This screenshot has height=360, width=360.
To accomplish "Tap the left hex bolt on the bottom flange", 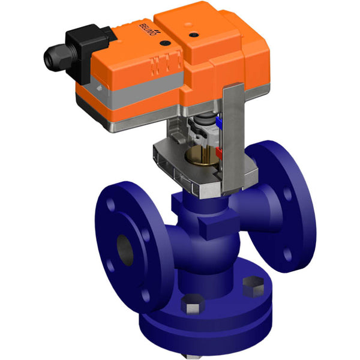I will coord(191,305).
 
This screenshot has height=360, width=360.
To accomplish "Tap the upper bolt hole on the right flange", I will coord(286,195).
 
